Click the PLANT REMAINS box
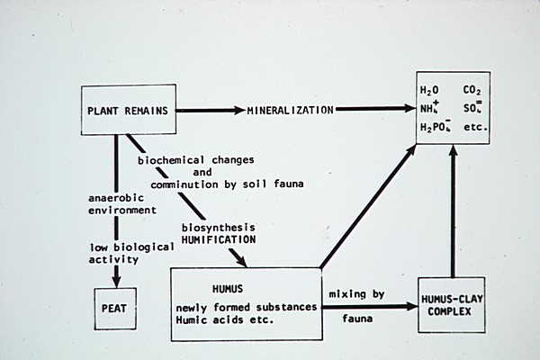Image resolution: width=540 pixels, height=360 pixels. click(130, 111)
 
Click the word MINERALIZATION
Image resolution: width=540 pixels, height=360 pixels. click(292, 111)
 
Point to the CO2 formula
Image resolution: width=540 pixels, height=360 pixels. click(473, 91)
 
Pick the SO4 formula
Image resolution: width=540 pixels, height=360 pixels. click(474, 109)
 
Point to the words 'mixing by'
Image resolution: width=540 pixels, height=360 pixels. click(358, 294)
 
